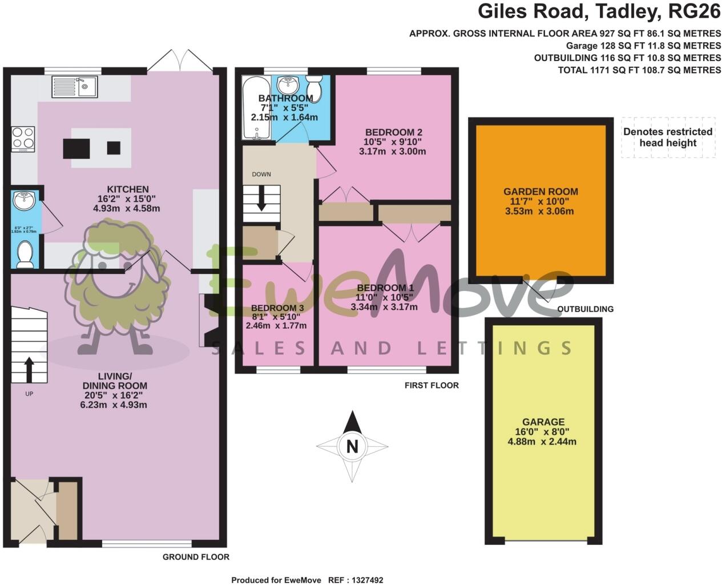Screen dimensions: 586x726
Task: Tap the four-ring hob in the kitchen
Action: [23, 138]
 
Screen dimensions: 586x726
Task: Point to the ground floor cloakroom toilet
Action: [25, 254]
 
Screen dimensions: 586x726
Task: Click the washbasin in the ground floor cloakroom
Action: [24, 201]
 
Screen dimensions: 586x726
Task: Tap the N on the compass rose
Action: [353, 446]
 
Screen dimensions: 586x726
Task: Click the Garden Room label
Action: [540, 192]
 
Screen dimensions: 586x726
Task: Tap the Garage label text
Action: [543, 422]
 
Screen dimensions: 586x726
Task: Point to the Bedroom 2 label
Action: [393, 132]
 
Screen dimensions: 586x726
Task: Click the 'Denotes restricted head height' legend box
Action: [668, 138]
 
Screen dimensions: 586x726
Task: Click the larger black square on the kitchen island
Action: [76, 148]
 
